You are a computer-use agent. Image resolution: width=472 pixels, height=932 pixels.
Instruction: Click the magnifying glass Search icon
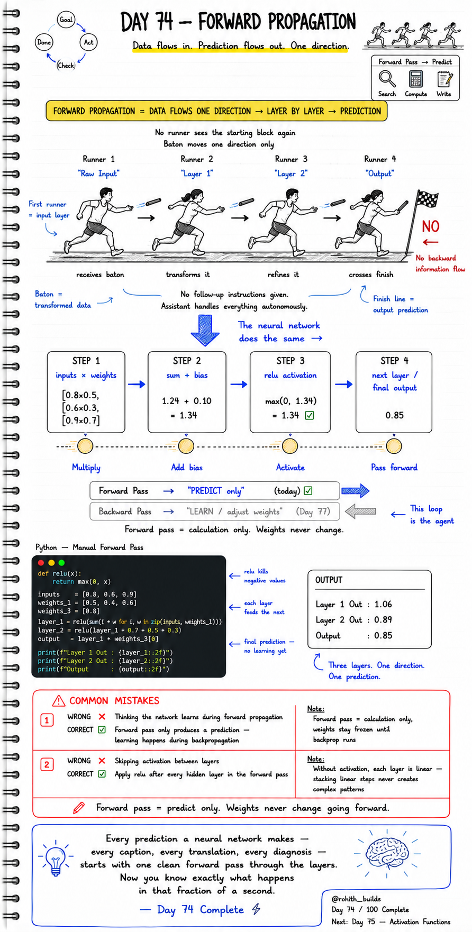pos(387,79)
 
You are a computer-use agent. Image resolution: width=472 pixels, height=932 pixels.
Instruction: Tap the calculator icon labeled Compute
pos(415,79)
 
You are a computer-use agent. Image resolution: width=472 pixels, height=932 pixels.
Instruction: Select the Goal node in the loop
pos(66,20)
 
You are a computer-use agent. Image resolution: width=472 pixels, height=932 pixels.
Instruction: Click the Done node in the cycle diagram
pos(44,42)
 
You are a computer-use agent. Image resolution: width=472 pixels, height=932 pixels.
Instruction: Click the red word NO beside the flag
pos(431,227)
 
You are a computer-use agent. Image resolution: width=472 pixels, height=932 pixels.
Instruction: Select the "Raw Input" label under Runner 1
pos(99,173)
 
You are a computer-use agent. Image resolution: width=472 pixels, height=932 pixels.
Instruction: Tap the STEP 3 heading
pos(291,361)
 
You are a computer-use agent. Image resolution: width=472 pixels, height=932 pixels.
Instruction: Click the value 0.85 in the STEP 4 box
pos(394,415)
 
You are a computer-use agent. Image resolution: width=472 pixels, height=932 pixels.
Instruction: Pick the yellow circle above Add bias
pos(186,446)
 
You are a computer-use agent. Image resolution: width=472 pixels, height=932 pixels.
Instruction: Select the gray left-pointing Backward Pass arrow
pos(360,511)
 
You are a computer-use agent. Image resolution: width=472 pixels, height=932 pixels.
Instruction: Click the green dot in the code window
pos(61,563)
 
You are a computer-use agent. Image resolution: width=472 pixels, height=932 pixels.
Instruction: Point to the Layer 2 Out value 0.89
pos(383,620)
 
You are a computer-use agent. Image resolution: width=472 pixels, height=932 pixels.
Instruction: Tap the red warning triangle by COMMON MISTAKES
pos(58,701)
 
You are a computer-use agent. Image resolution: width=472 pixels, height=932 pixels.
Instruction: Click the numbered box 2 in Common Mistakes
pos(47,764)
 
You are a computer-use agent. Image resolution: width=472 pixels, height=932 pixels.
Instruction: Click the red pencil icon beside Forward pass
pos(79,808)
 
